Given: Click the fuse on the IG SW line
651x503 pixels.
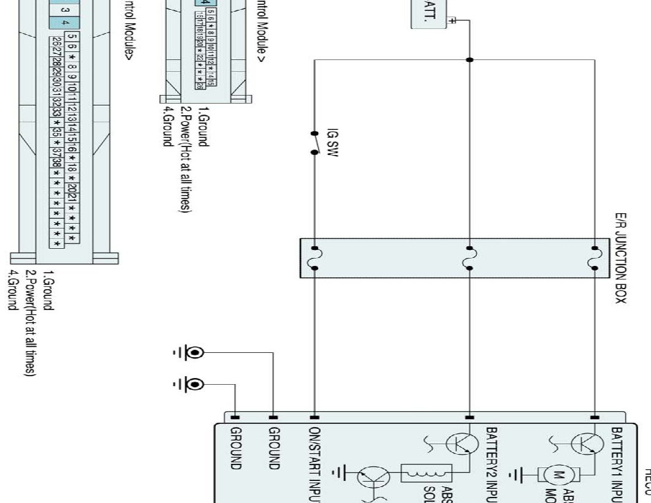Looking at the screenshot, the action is (314, 258).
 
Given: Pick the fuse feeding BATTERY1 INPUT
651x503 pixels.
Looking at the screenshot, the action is (593, 258).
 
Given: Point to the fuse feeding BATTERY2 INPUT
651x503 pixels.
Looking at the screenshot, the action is (470, 258).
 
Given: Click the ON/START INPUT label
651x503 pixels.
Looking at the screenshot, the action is (314, 463).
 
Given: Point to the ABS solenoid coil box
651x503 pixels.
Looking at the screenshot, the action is (426, 473).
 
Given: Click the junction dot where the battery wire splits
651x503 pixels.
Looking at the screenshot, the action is (470, 59).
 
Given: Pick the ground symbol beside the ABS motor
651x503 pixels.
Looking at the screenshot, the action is (522, 474).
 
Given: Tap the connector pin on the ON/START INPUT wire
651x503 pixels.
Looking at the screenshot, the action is (314, 417).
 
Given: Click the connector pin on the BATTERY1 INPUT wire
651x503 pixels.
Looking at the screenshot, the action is (593, 417).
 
